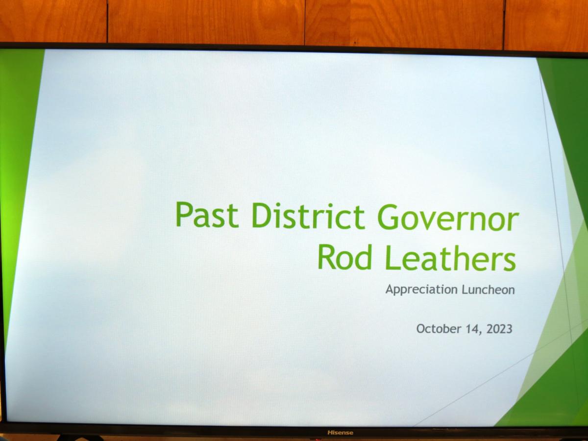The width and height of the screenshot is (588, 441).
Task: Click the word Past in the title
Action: [x=207, y=215]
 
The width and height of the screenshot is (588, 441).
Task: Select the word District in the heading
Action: [x=308, y=216]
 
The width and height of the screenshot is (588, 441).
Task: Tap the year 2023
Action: [x=499, y=329]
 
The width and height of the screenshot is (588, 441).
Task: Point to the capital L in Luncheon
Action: [x=465, y=290]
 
